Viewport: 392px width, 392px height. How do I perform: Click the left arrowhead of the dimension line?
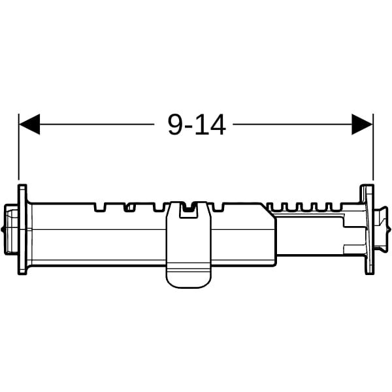click(29, 124)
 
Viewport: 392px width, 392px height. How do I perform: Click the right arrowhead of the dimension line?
click(362, 124)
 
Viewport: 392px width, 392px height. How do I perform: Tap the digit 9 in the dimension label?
click(176, 125)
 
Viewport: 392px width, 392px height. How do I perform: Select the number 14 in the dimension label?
click(210, 125)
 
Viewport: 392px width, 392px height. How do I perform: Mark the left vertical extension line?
click(19, 147)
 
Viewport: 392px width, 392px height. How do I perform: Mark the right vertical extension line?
click(373, 147)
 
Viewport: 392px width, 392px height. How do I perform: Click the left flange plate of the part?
click(22, 229)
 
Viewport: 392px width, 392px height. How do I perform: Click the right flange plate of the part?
click(367, 229)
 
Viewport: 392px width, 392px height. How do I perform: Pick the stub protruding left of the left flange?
click(11, 229)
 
